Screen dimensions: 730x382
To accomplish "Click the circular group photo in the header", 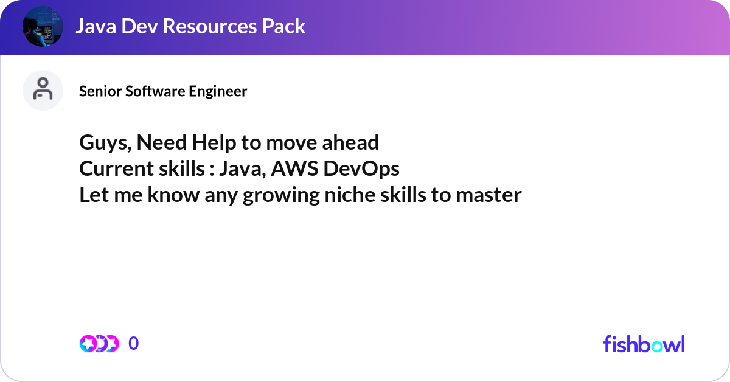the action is (43, 26).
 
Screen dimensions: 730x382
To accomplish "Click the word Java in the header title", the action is (96, 26).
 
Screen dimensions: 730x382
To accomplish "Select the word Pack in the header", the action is (283, 26).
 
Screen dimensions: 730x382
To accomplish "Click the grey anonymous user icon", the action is (43, 90).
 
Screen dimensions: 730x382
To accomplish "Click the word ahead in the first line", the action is (350, 142).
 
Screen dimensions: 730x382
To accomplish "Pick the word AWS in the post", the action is (294, 168).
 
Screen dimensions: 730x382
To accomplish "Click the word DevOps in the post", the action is (361, 169).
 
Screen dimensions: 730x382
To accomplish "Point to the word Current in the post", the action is (116, 168).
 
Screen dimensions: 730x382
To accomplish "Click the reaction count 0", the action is (134, 343).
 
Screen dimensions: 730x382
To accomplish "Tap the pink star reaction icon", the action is (88, 344).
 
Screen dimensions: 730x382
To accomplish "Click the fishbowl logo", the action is (644, 344).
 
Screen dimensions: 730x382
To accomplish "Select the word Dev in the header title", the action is (140, 26).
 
